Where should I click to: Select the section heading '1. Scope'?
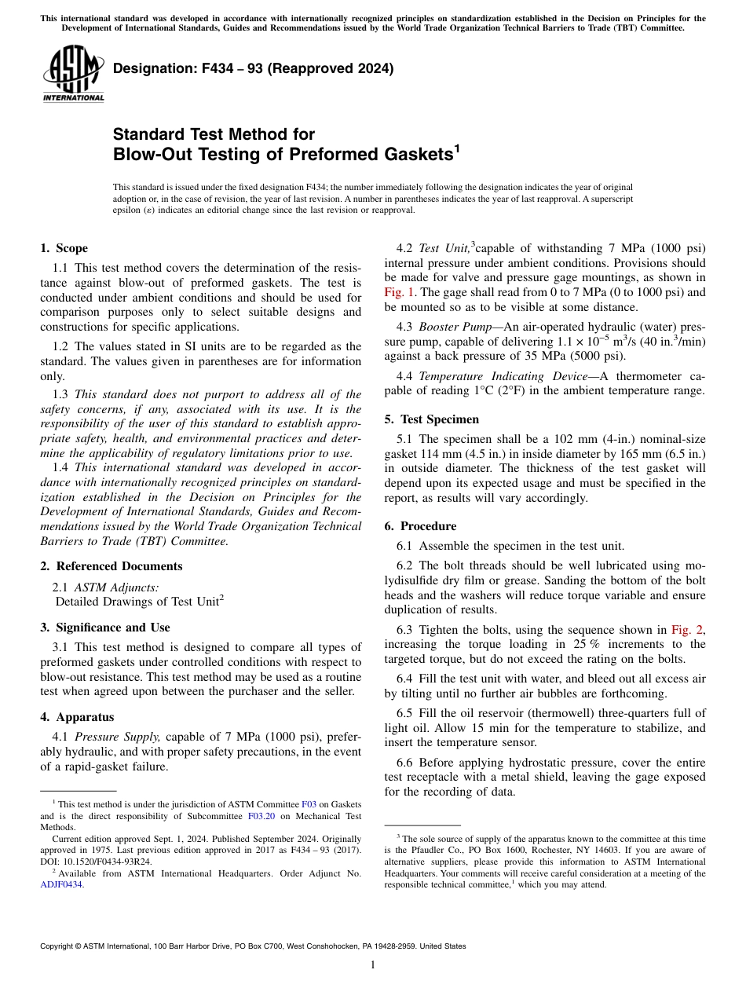click(64, 248)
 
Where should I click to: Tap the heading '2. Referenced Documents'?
click(111, 566)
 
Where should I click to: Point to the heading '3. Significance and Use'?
click(104, 628)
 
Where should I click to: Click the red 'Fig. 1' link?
click(399, 292)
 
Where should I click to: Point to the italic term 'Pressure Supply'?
click(119, 737)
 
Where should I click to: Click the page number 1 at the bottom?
click(373, 965)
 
